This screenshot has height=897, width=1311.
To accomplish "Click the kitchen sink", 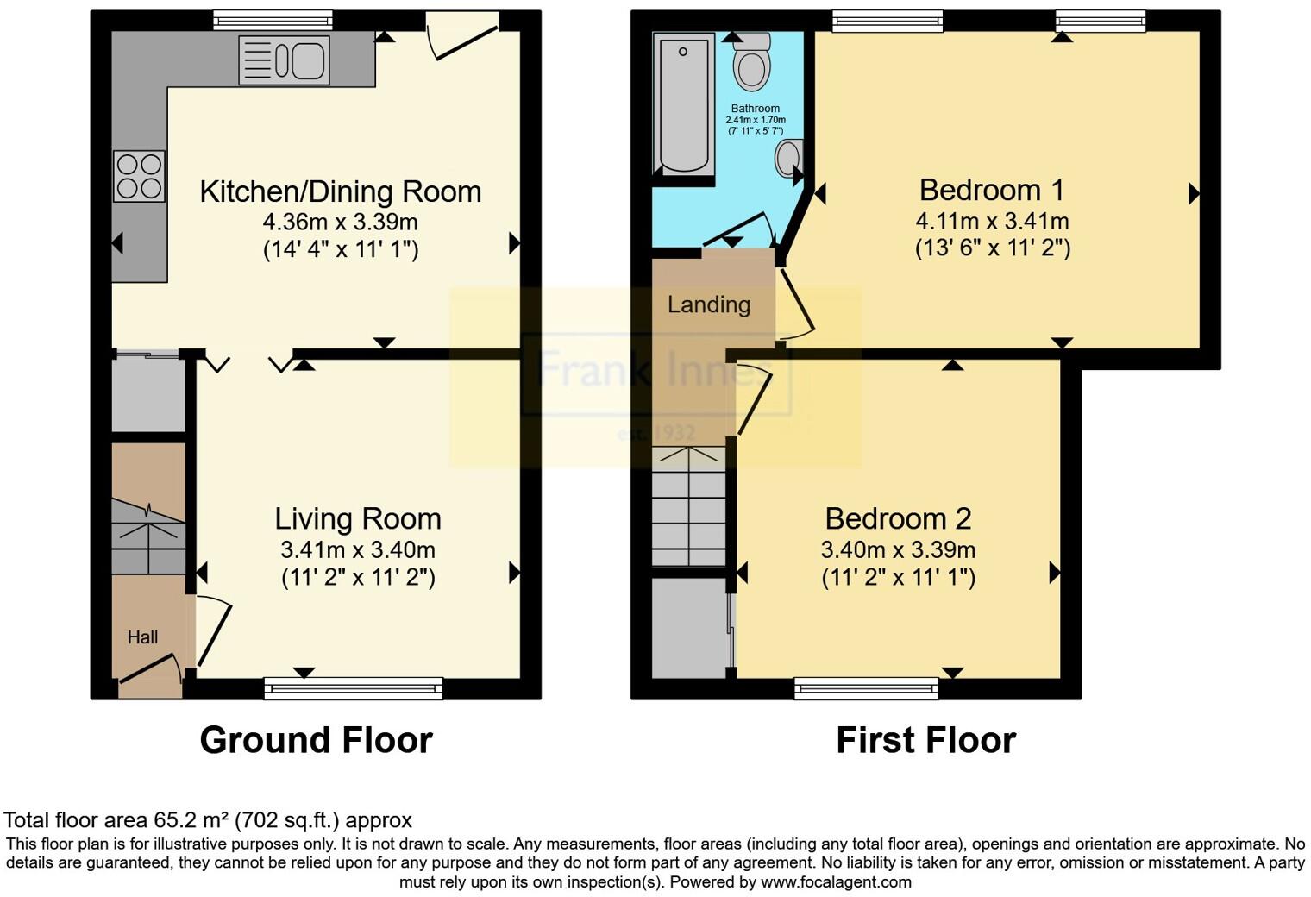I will click(284, 60).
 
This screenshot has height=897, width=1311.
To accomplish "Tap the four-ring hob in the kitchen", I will click(139, 176).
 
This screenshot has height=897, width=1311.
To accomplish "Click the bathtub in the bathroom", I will click(683, 103).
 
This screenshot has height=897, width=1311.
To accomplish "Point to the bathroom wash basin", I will click(788, 159).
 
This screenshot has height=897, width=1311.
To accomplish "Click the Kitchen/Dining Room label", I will click(340, 191).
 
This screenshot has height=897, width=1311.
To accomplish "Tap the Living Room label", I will click(358, 518).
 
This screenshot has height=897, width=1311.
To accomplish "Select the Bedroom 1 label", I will click(991, 190).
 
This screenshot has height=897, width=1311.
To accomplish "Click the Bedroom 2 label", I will click(898, 518).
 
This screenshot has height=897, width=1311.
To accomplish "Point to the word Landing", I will click(709, 304).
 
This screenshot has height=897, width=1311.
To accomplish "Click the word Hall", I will click(143, 637).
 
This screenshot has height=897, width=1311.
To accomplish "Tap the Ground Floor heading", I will click(316, 740).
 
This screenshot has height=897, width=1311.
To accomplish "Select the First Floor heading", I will click(925, 740).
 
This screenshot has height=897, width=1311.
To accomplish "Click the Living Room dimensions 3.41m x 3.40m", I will click(358, 549).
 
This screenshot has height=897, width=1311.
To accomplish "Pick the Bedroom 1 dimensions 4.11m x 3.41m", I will click(992, 221).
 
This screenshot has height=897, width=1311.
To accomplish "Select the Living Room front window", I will click(353, 687).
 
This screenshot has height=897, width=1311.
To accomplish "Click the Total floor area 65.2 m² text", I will click(208, 820).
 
